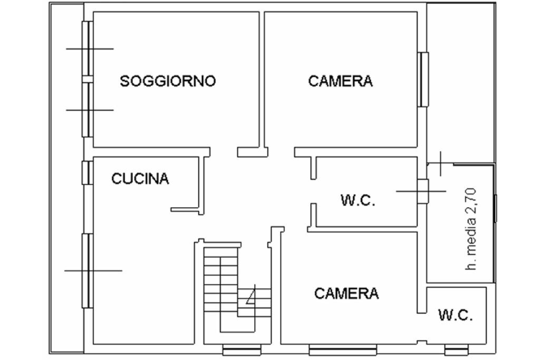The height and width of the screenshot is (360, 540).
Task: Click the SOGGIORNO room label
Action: [x=168, y=81]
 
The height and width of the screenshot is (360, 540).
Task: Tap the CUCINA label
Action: [x=140, y=179]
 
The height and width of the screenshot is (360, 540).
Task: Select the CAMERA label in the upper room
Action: [x=341, y=81]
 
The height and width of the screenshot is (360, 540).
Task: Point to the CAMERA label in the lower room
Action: [x=346, y=294]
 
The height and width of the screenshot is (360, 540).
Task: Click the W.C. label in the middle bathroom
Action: [x=358, y=200]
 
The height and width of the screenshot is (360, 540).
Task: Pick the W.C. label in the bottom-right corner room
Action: [x=456, y=316]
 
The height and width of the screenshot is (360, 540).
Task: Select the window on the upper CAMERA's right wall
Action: [x=423, y=79]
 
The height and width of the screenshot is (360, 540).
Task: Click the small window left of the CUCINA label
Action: [x=88, y=172]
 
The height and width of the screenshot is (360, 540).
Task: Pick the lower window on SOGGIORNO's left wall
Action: [x=88, y=110]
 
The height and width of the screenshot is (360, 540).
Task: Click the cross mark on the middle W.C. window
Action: [x=422, y=191]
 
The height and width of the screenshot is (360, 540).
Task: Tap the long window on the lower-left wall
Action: [x=88, y=270]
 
